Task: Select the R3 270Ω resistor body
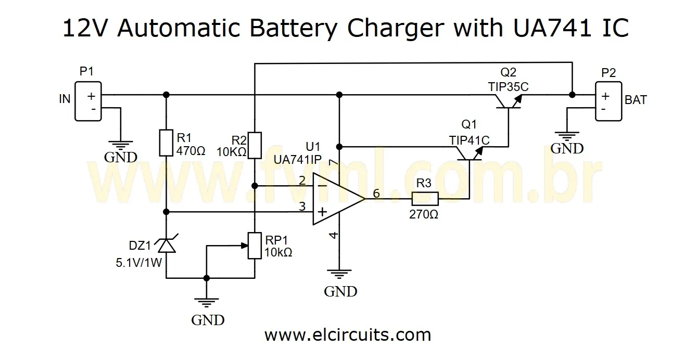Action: pos(425,199)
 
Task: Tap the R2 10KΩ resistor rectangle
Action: pos(255,145)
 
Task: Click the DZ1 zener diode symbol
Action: pos(166,245)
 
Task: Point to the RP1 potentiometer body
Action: pos(255,246)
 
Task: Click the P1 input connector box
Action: pos(87,101)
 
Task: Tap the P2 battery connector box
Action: pos(608,101)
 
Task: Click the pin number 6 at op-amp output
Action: pos(376,193)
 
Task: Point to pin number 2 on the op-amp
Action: pos(302,181)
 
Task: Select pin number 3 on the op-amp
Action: pos(302,207)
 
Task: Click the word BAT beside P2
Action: pos(636,100)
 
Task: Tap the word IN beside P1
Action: pos(65,99)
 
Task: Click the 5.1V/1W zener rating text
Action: pos(139,263)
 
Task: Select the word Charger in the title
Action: pos(396,29)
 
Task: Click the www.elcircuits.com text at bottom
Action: pos(347,335)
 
